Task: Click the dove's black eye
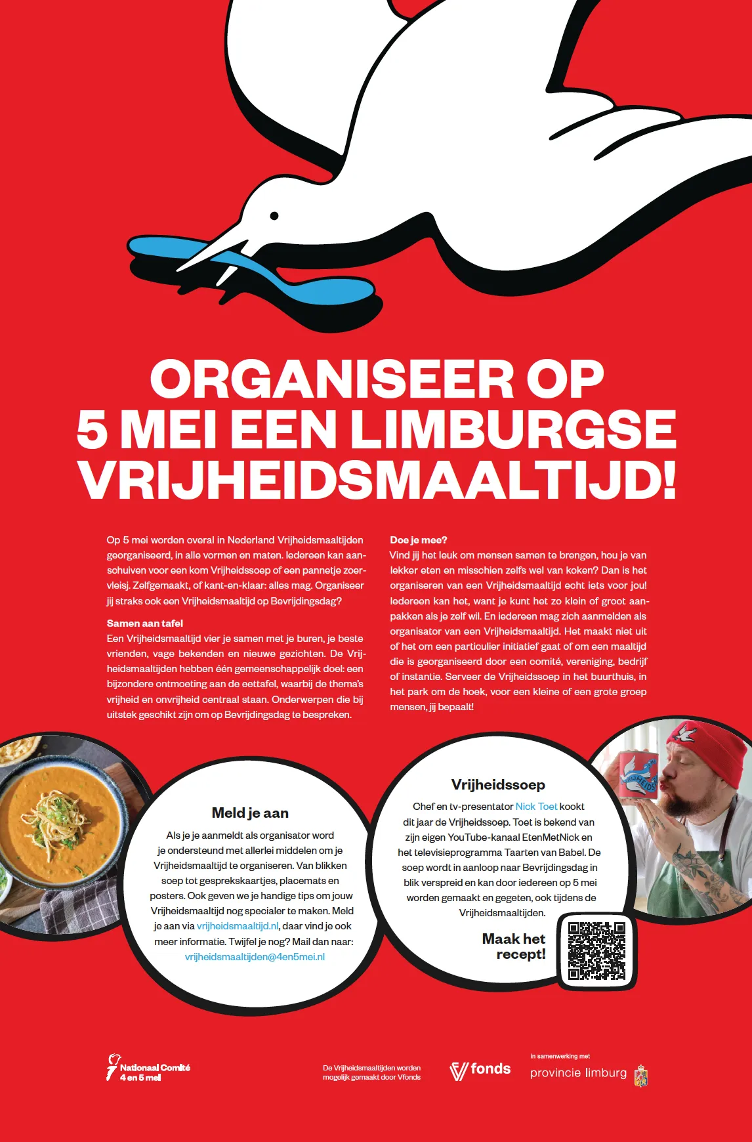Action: (274, 216)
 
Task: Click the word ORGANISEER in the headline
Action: (331, 379)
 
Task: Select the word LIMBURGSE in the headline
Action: (512, 429)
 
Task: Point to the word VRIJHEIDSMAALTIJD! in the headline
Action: (377, 480)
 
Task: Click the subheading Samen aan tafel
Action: (145, 623)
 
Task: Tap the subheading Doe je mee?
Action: (419, 540)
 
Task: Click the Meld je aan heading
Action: (250, 813)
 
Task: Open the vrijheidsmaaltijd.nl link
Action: (238, 926)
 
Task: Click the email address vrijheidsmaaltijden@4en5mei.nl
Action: (255, 957)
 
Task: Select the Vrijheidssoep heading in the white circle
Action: (498, 785)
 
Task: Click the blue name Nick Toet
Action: (536, 807)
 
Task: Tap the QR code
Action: (596, 950)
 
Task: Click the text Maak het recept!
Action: (514, 946)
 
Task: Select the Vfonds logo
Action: (480, 1070)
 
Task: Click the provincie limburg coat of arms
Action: (641, 1076)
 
